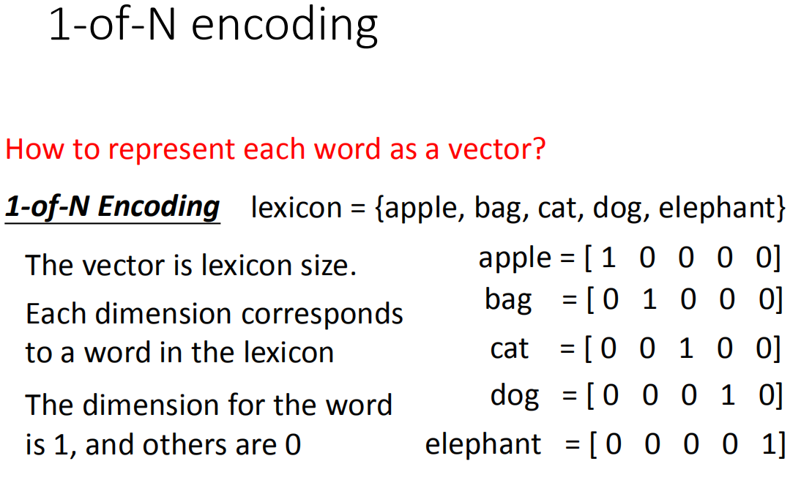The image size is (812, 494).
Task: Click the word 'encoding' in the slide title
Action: pos(284,26)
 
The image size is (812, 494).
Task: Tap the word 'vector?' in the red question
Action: pos(496,149)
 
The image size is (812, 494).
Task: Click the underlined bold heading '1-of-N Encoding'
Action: pos(112,208)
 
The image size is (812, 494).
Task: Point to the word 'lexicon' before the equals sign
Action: pos(297,208)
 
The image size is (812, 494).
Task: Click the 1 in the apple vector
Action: pos(608,258)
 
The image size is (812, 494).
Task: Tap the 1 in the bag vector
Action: pos(649,299)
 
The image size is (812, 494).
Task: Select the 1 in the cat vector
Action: pos(686,348)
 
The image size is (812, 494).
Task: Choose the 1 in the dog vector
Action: pos(728,395)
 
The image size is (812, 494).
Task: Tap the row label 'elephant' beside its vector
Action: pos(483,444)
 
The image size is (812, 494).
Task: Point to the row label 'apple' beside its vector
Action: pos(515,258)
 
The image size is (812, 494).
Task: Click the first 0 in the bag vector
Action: pos(611,299)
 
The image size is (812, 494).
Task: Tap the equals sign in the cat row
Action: pos(567,348)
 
